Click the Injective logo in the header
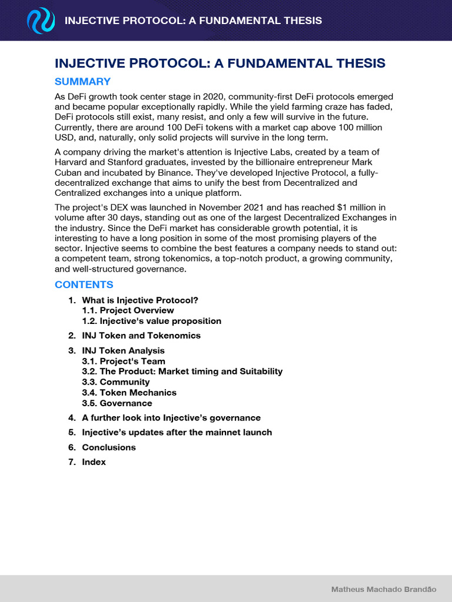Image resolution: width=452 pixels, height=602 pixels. tap(41, 22)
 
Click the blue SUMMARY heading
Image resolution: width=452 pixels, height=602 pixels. tap(82, 82)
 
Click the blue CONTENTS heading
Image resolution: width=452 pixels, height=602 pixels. tap(84, 285)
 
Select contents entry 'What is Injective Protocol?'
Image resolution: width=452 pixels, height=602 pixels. tap(140, 300)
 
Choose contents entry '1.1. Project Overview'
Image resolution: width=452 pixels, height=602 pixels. tap(128, 310)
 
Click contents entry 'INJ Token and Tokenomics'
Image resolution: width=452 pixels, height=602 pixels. tap(141, 336)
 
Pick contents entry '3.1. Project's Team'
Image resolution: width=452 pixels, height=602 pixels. tap(124, 362)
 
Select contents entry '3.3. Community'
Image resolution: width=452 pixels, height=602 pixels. tap(116, 382)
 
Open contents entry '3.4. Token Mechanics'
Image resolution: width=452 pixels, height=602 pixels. tap(129, 393)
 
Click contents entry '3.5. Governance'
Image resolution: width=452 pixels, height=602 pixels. tap(117, 403)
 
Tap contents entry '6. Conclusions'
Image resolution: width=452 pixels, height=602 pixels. tap(109, 447)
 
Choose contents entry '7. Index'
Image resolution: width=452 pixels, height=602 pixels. tap(94, 462)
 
